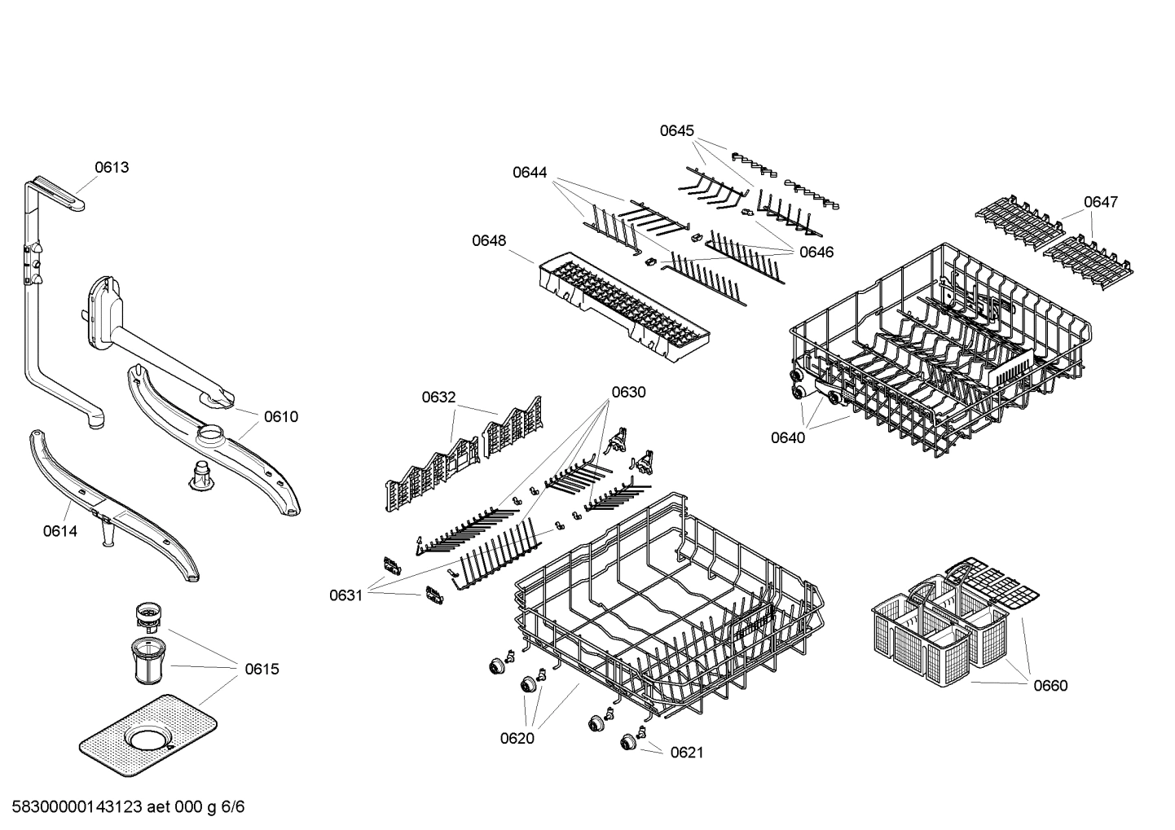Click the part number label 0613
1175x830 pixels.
(x=112, y=167)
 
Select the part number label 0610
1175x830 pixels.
(x=281, y=416)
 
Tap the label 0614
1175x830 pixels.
(x=59, y=531)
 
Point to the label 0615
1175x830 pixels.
(x=262, y=669)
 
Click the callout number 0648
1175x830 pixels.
(x=489, y=240)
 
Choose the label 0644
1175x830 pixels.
(x=530, y=172)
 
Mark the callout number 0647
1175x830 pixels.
(x=1101, y=201)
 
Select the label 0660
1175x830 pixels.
(x=1050, y=685)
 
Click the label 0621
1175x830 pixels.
(x=686, y=752)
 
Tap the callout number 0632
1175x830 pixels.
(x=438, y=397)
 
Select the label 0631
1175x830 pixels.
(x=345, y=595)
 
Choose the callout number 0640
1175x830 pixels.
(x=788, y=437)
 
